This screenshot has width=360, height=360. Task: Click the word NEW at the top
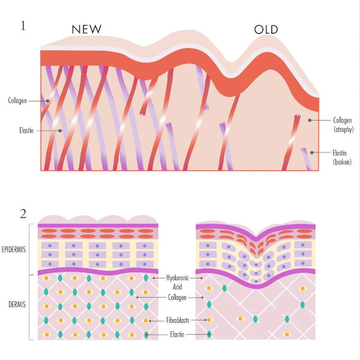[86, 29]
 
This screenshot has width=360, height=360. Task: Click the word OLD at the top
[266, 29]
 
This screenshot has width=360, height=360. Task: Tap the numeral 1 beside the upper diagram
[23, 25]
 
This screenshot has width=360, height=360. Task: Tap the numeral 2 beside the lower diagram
[23, 214]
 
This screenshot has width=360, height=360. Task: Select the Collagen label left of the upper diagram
[17, 101]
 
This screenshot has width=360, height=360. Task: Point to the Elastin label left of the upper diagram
[26, 130]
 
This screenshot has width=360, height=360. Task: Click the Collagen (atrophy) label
[343, 125]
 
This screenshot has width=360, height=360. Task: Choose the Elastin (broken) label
[342, 157]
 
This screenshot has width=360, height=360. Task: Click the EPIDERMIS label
[14, 250]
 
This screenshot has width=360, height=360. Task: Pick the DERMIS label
[17, 304]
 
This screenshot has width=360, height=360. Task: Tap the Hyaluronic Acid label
[178, 282]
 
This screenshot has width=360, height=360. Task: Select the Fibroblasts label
[178, 320]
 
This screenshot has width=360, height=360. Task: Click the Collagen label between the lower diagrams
[177, 298]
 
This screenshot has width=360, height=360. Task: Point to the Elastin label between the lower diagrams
[177, 334]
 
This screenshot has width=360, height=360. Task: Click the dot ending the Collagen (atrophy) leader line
[310, 120]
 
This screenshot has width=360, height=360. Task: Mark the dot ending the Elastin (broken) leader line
[312, 152]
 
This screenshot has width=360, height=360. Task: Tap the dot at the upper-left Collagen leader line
[47, 101]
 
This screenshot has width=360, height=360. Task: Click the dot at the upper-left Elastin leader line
[60, 131]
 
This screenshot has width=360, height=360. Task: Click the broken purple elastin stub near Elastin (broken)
[307, 159]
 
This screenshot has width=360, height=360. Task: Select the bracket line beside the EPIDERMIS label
[29, 250]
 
